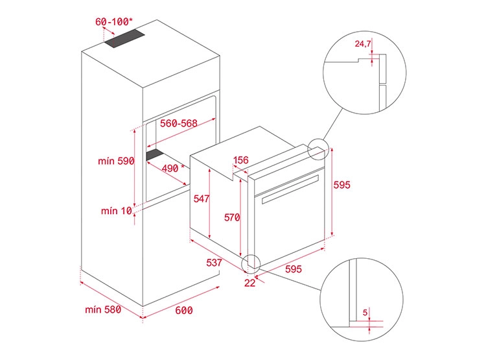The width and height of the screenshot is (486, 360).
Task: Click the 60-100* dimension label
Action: tap(114, 21)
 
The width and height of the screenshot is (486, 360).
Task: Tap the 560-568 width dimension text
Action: tap(179, 123)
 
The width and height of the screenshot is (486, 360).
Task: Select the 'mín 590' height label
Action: tap(116, 161)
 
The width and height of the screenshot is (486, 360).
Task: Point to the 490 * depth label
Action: tap(173, 168)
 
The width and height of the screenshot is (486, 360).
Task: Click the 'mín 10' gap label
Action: tap(117, 211)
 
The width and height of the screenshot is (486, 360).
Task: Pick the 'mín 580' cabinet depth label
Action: tap(103, 309)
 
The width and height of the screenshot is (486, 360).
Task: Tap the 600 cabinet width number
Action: tap(184, 310)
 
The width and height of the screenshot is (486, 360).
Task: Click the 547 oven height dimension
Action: tap(202, 198)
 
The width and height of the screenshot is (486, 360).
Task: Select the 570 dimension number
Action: tap(232, 217)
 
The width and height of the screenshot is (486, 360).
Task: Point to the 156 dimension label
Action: tap(241, 160)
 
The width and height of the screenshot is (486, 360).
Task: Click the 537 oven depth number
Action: tap(214, 263)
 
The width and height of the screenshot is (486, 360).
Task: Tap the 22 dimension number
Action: tap(250, 283)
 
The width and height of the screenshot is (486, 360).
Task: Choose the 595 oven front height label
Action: tap(342, 185)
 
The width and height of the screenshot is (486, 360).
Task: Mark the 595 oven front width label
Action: tap(293, 269)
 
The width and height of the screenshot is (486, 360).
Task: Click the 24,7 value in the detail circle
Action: tap(363, 43)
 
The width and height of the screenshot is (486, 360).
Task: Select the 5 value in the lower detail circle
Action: tap(365, 312)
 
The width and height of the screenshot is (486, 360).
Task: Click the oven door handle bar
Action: tap(290, 189)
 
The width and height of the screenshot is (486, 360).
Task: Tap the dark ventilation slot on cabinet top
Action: tap(124, 38)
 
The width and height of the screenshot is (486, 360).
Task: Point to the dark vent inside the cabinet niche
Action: tap(156, 154)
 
